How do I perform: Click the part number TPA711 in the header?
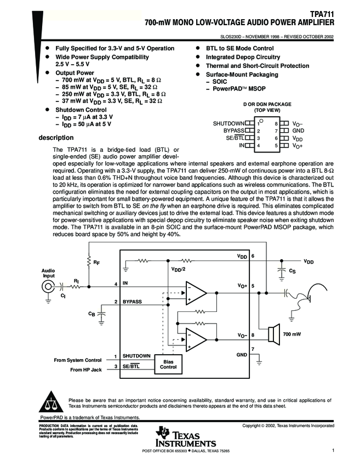coord(322,15)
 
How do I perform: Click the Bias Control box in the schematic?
coord(168,365)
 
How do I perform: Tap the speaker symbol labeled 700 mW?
coord(274,334)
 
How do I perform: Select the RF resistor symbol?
coord(89,262)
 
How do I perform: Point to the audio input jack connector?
coord(48,287)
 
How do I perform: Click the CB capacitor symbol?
coord(101,314)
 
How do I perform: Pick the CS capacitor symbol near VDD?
coord(281,271)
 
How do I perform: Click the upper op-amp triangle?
coord(196,293)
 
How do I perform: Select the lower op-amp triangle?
coord(196,340)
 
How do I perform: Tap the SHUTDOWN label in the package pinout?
coord(228,123)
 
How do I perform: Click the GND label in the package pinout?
coord(298,130)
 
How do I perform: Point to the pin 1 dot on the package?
coord(261,121)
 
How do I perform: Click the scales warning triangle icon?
coord(51,401)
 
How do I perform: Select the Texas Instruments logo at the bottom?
coord(186,437)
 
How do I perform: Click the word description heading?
coord(56,138)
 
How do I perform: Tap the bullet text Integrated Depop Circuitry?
coord(243,57)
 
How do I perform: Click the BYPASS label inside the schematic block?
coord(132,302)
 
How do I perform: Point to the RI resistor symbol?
coord(76,287)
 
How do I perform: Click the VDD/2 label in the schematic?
coord(179,269)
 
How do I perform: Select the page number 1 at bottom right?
coord(333,450)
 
